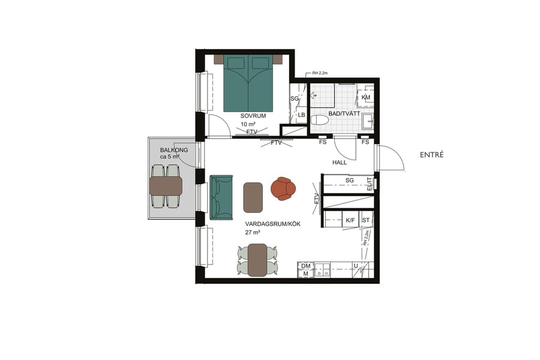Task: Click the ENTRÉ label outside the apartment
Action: point(432,155)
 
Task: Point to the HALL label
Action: point(340,163)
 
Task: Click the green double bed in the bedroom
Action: point(248,84)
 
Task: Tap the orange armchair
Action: point(283,188)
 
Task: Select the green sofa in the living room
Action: point(221,196)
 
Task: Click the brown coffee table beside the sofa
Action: point(253,197)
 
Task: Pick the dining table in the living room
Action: point(257,259)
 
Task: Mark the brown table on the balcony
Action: point(166,186)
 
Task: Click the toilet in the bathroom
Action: point(320,120)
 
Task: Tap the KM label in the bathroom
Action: point(366,97)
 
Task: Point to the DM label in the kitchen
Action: point(305,265)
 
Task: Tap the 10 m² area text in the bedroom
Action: point(247,124)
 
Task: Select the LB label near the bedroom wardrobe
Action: point(302,115)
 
